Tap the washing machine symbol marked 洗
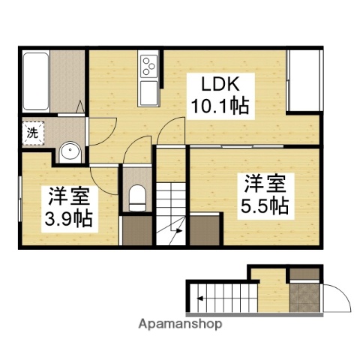click(x=32, y=133)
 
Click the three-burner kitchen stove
click(x=148, y=66)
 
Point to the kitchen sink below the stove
click(x=148, y=93)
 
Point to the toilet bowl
click(x=136, y=199)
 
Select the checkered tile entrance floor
click(x=304, y=297)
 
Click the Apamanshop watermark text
click(x=179, y=325)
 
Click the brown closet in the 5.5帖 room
click(x=205, y=229)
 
